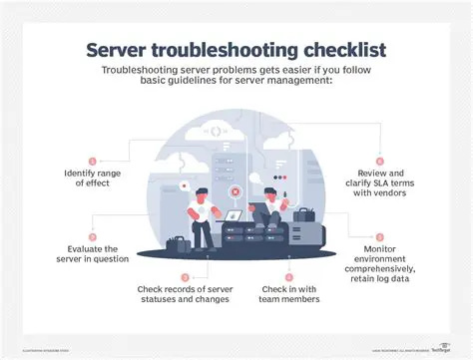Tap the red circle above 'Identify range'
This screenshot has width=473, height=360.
93,161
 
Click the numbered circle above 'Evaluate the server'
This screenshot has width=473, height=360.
93,235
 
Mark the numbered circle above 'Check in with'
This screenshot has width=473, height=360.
288,276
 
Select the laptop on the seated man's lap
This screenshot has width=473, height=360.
236,214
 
